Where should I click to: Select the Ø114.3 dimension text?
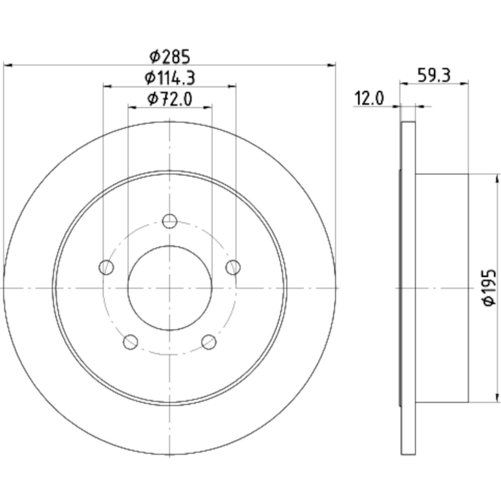point(170,78)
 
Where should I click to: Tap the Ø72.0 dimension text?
point(170,99)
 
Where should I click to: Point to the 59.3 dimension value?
point(434,75)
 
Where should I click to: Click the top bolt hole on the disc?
point(170,221)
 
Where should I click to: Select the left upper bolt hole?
point(107,267)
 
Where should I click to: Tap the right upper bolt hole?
point(233,267)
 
